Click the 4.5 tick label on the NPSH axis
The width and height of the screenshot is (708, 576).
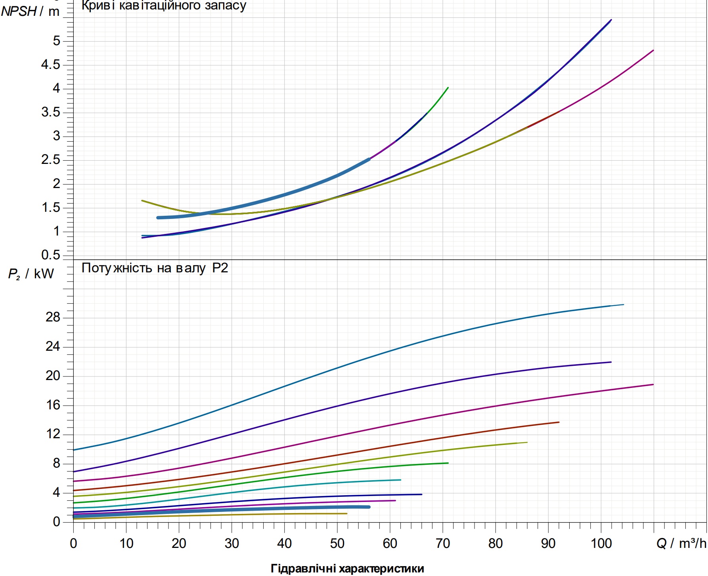click(x=51, y=65)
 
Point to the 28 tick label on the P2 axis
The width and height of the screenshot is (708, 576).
click(x=53, y=317)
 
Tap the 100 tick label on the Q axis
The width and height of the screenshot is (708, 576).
click(x=601, y=543)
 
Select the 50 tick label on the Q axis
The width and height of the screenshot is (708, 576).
click(x=337, y=543)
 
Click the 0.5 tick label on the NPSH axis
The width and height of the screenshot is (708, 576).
click(x=51, y=255)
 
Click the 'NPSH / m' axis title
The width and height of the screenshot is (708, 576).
click(x=30, y=11)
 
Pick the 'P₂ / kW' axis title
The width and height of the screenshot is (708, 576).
click(x=31, y=274)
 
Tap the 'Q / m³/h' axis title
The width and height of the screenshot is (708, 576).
click(x=681, y=543)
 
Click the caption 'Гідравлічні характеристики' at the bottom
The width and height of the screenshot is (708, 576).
click(x=347, y=568)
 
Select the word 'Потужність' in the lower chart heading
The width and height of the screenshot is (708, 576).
click(x=117, y=268)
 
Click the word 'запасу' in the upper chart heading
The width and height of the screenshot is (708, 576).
click(x=226, y=6)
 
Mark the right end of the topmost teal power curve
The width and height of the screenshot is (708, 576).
click(x=624, y=304)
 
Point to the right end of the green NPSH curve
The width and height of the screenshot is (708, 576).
click(x=448, y=87)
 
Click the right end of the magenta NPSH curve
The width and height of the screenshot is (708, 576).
click(x=653, y=50)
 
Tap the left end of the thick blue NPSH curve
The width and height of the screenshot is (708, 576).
click(x=158, y=218)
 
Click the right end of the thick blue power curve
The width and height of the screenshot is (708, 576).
click(x=369, y=507)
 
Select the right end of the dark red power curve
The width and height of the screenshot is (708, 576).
click(x=559, y=422)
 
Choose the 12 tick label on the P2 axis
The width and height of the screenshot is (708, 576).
click(x=53, y=434)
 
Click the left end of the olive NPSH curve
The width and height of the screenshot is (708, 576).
click(x=142, y=200)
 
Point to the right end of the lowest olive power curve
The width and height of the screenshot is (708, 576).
click(x=347, y=513)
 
